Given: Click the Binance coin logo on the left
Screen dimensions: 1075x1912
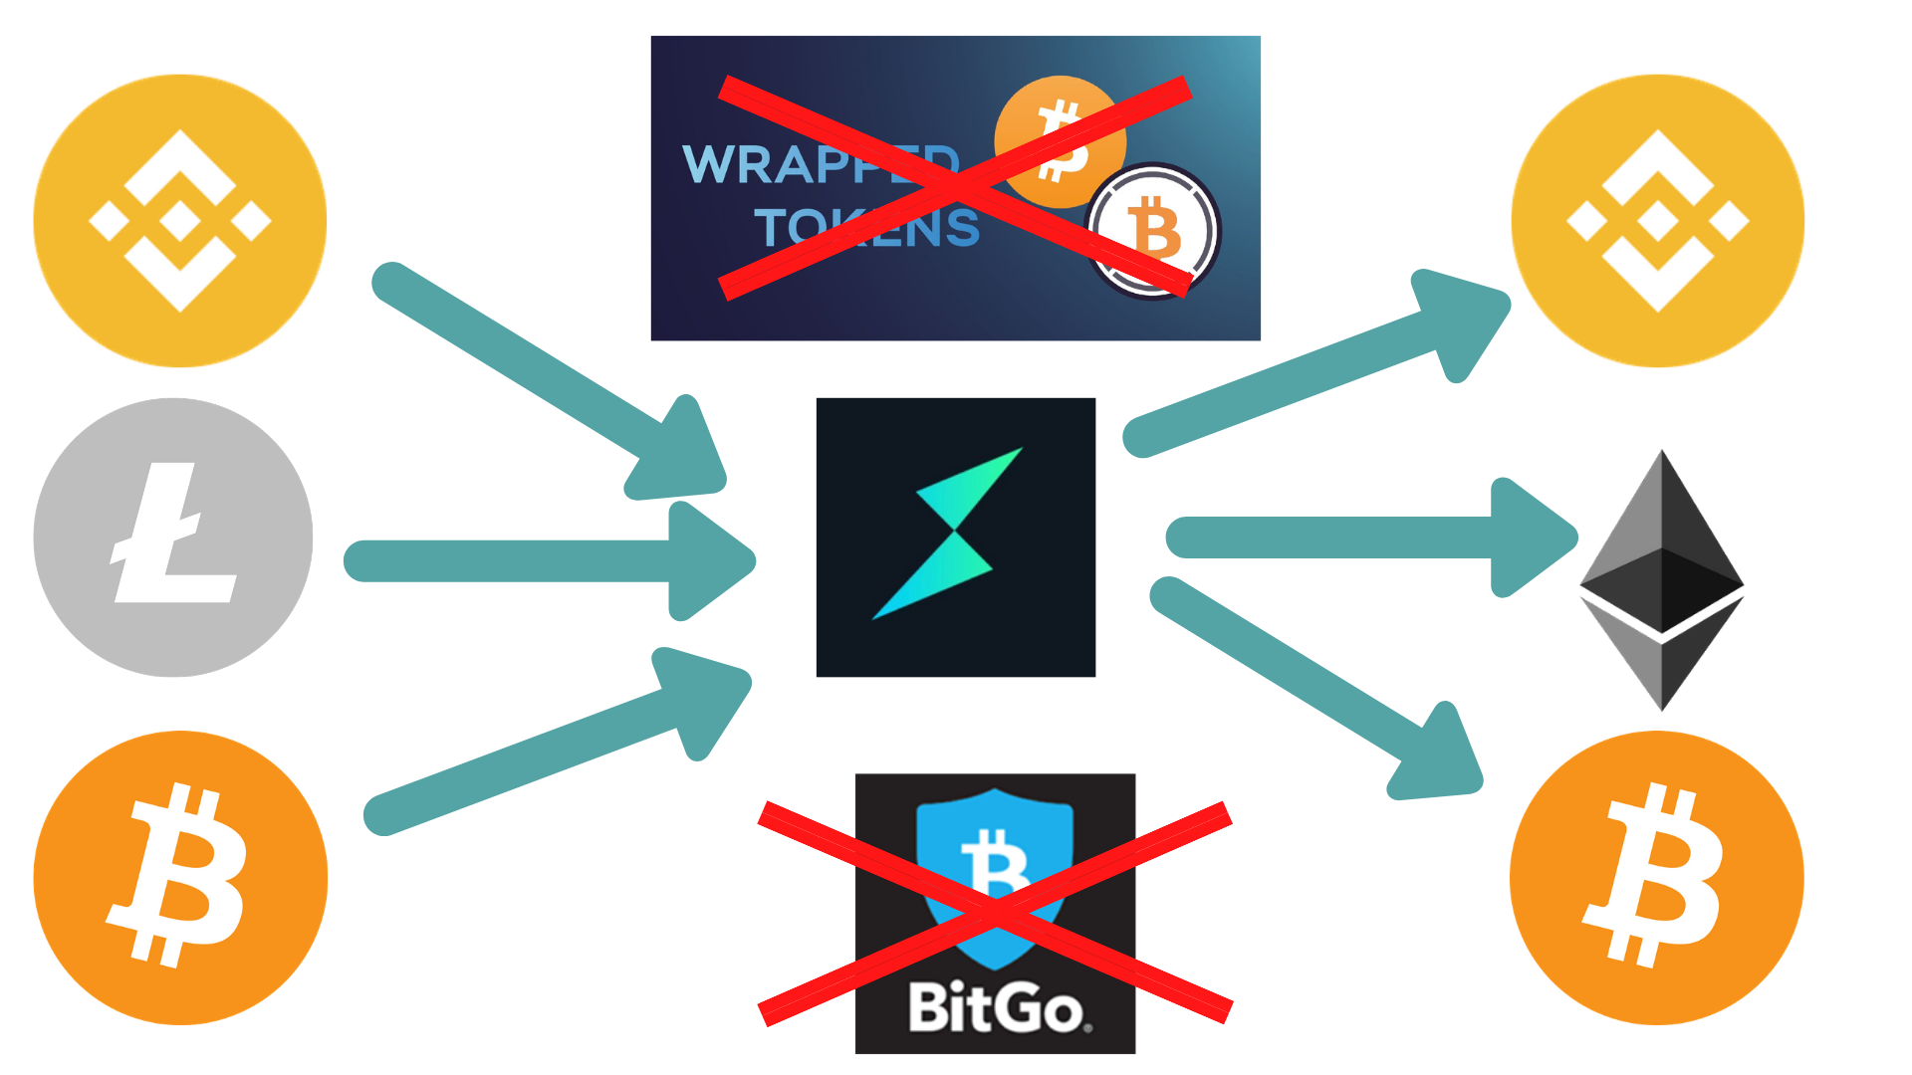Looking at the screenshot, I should pos(180,221).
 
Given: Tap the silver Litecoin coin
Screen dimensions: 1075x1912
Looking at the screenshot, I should pos(173,537).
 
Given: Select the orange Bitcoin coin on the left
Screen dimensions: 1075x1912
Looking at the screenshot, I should pos(180,877).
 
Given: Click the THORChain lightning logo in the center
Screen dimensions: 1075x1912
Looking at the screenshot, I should pos(955,537).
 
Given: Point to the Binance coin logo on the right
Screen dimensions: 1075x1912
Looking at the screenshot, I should pos(1658,221).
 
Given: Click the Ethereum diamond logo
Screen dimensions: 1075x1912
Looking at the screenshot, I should pos(1662,580).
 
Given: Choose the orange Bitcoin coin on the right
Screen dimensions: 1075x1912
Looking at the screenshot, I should pos(1657,877).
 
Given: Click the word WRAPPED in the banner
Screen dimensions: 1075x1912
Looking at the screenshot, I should pos(819,164).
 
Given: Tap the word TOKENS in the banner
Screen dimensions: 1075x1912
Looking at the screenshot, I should pos(866,228).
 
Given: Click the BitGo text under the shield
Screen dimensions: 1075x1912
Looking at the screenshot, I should pos(996,1008).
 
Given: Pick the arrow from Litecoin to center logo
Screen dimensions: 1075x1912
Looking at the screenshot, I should pos(548,560).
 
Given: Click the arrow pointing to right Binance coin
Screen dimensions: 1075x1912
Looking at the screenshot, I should pos(1314,363).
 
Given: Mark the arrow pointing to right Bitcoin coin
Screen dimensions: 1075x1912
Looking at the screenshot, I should pos(1314,687).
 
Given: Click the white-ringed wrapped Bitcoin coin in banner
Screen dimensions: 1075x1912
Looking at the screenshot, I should pos(1153,231).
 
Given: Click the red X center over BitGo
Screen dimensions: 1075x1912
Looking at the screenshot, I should pos(996,913).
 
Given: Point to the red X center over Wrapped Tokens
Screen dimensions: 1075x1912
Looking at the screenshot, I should pos(954,187).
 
